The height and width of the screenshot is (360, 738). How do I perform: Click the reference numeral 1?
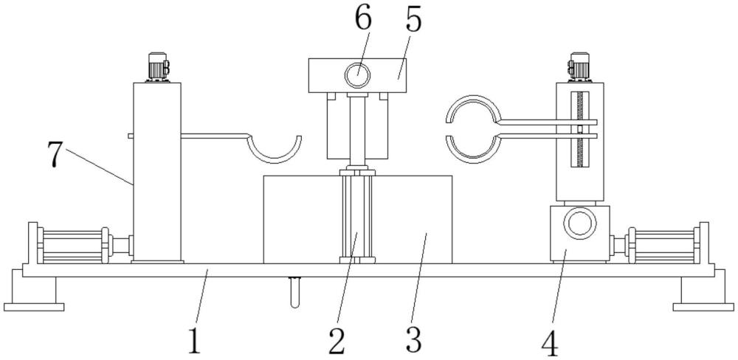click(193, 342)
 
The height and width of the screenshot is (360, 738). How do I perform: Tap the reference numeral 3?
click(413, 339)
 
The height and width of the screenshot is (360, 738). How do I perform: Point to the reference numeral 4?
click(548, 342)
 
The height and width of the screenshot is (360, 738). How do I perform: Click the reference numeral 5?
click(413, 21)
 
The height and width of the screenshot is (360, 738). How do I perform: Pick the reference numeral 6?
click(362, 20)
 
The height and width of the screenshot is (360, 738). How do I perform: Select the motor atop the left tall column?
click(156, 67)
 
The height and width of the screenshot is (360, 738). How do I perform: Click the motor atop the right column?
click(579, 66)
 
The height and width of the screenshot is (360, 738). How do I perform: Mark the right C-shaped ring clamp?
click(473, 127)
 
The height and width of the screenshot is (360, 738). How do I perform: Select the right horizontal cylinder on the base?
click(663, 245)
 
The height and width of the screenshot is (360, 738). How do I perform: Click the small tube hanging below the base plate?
click(296, 291)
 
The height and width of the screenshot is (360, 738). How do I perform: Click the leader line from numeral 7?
click(100, 167)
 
